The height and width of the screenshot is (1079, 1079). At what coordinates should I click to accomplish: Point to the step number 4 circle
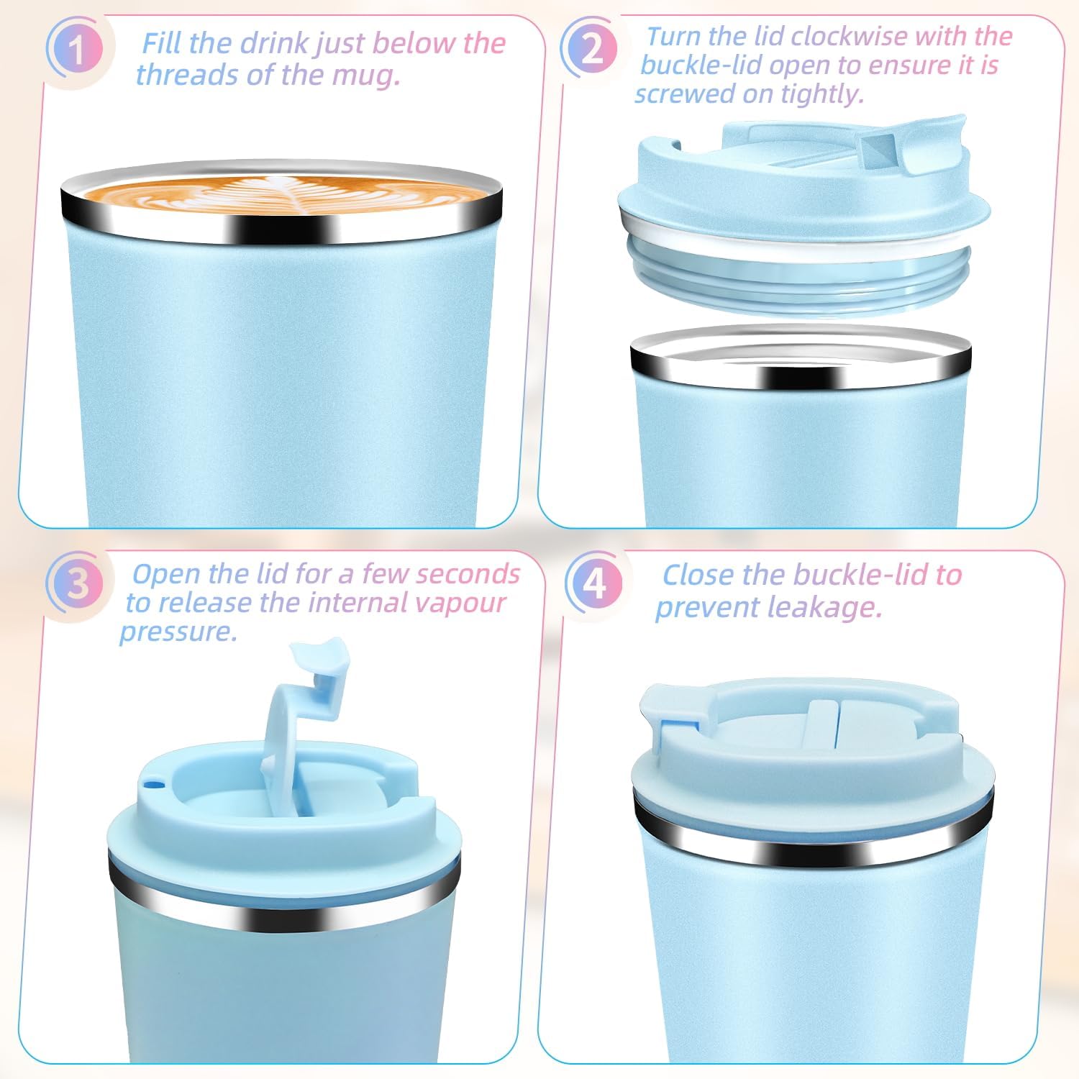pos(594,583)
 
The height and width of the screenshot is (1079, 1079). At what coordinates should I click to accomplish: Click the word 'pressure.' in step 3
pos(178,632)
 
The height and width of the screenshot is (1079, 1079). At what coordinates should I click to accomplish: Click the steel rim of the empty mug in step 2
pos(801,363)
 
